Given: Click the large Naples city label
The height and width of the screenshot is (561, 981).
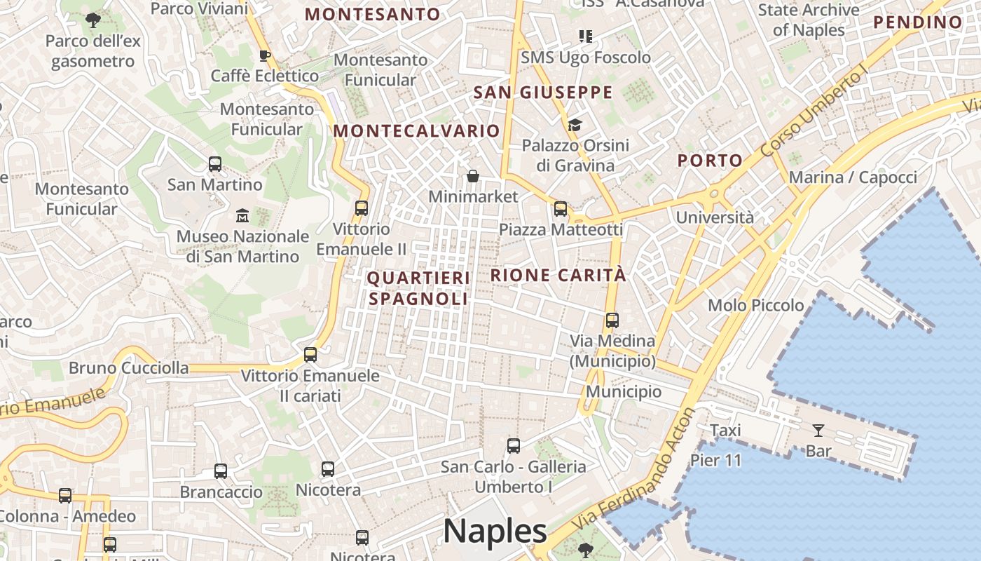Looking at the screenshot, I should tap(495, 531).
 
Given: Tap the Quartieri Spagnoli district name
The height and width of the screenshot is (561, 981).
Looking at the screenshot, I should tap(418, 288).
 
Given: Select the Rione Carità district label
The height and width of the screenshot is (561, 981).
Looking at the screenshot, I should tap(558, 275).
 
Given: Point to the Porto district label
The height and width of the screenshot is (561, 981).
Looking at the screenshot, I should tap(710, 161).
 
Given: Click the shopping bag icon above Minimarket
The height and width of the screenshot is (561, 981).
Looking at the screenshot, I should tap(473, 176).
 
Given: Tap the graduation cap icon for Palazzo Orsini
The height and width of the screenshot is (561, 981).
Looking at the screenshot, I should tap(575, 125).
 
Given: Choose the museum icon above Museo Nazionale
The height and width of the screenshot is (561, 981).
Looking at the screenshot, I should tap(242, 215).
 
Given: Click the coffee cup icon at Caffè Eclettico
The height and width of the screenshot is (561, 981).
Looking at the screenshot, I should tap(265, 55).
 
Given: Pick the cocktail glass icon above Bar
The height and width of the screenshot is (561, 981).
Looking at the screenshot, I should tap(818, 430).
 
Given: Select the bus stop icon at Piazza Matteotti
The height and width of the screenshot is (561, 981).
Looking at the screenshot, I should tap(561, 209).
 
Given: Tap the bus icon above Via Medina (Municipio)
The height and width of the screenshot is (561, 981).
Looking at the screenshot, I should tap(612, 320).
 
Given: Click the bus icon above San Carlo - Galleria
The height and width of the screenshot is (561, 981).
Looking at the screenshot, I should tap(514, 445).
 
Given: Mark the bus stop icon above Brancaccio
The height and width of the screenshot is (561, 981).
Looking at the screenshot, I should tap(221, 471).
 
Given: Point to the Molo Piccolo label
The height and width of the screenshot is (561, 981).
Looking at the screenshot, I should tap(755, 305).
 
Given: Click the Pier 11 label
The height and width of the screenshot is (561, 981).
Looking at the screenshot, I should tap(715, 461).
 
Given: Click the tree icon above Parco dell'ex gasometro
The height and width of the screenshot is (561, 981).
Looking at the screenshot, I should tap(93, 20).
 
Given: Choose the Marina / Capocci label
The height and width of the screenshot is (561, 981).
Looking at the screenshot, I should tap(853, 177).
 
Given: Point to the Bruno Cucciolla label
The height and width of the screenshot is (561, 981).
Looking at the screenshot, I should tap(128, 368).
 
